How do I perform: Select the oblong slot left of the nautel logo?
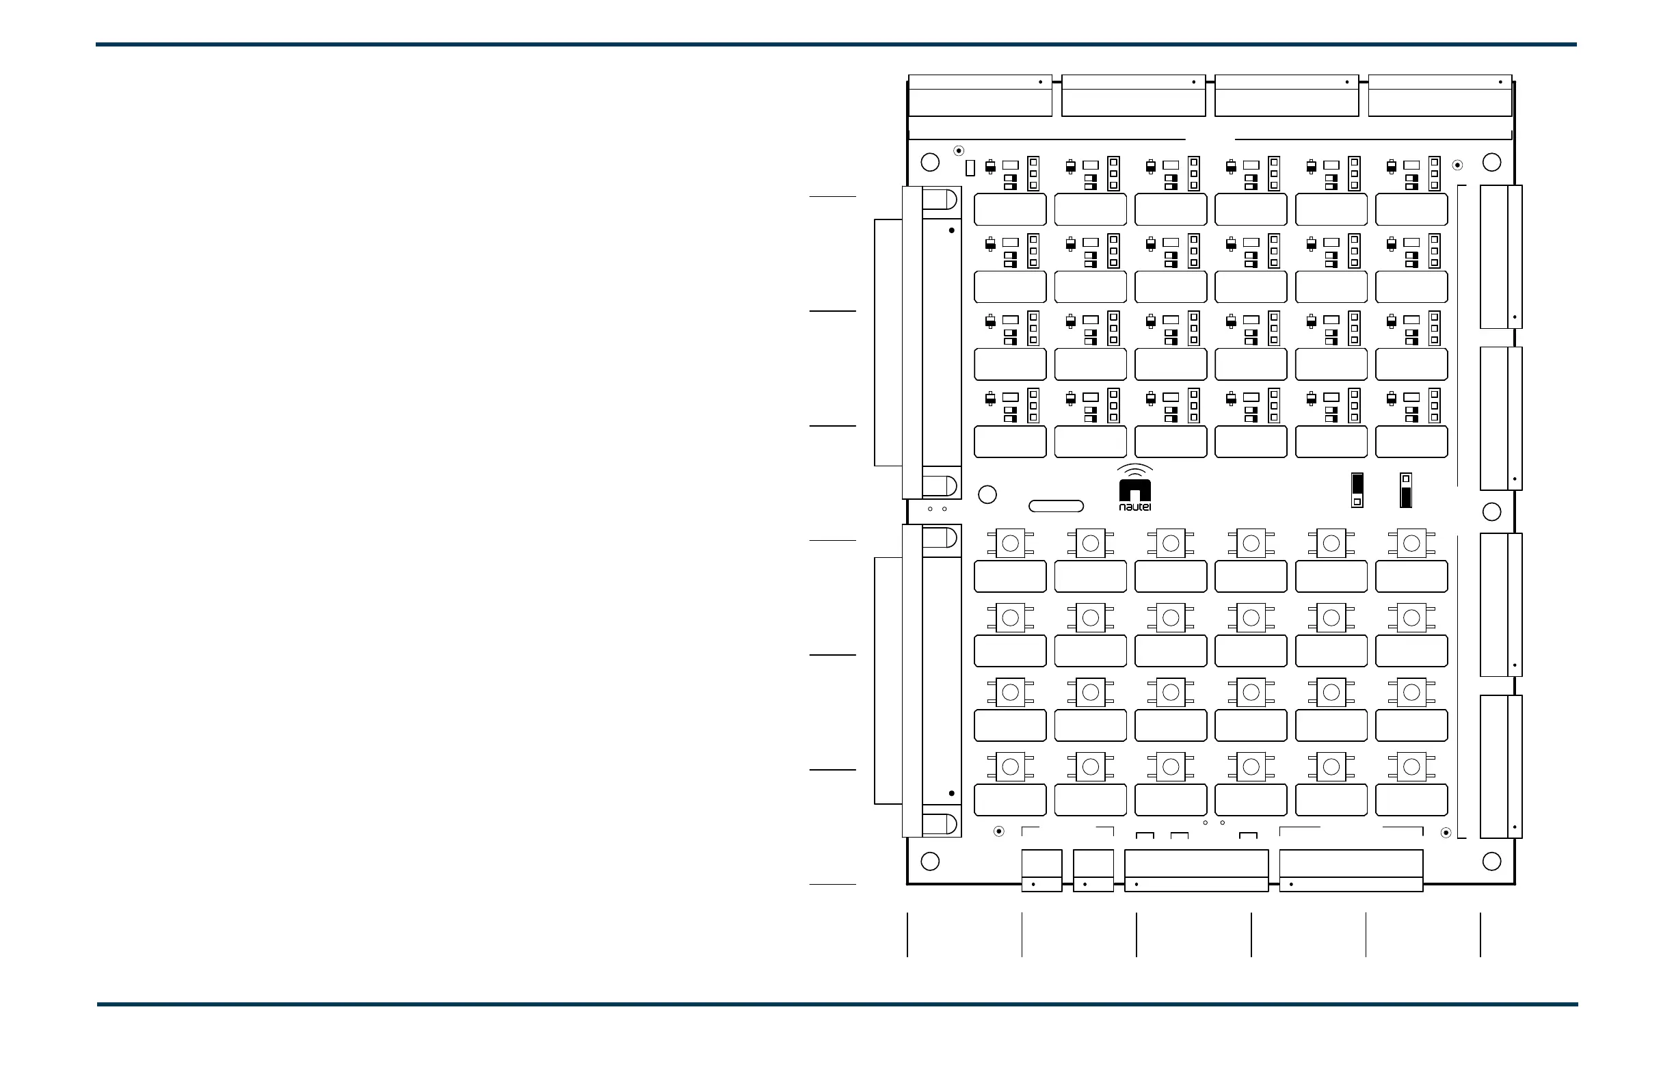pos(1056,506)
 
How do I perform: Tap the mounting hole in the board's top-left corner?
pos(930,163)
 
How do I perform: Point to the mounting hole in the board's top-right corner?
pos(1492,163)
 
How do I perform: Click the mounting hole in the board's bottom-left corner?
pos(930,861)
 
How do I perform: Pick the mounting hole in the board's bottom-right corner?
pos(1492,861)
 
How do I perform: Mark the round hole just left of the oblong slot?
pos(987,494)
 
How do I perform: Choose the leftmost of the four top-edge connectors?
pos(980,96)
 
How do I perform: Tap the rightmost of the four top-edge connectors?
pos(1439,96)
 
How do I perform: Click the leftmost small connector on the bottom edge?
pos(1041,870)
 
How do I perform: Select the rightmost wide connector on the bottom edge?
pos(1351,870)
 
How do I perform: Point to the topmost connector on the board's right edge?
pos(1500,256)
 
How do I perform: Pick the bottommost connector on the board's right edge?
pos(1500,766)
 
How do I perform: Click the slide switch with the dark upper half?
pos(1357,490)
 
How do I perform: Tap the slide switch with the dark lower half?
pos(1406,490)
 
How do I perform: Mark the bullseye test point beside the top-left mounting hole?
pos(958,150)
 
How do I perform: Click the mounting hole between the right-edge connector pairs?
pos(1492,511)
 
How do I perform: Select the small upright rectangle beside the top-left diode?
pos(970,168)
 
